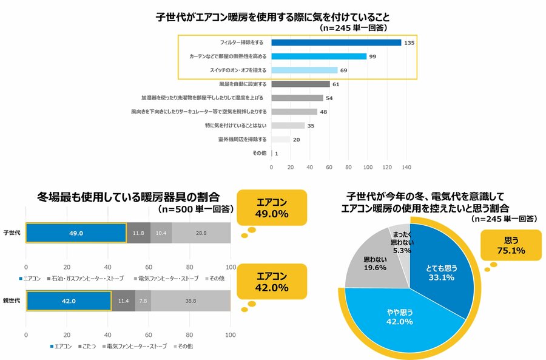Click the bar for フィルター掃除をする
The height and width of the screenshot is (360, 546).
336,42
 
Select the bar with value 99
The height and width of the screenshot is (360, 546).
318,56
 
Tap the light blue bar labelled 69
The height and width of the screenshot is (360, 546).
304,70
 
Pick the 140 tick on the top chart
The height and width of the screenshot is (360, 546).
406,167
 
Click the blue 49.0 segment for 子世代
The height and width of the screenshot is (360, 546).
75,233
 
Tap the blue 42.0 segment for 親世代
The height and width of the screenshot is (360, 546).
68,300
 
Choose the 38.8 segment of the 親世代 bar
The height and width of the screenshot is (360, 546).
190,300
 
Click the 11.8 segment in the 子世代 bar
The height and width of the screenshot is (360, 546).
138,233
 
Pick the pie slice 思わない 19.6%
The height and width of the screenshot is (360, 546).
370,264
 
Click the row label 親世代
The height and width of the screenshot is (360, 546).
12,300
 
